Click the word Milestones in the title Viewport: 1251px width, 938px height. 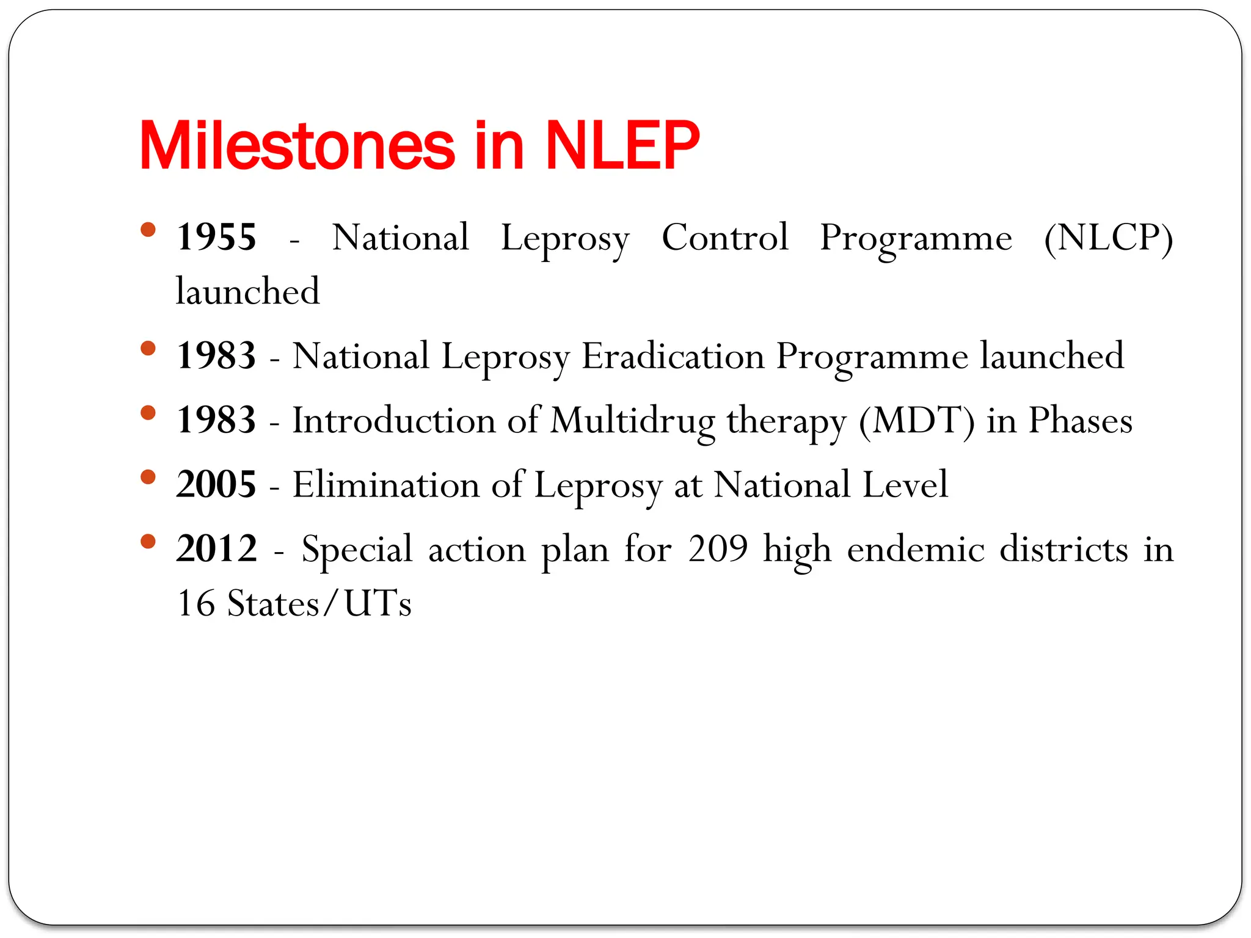point(297,146)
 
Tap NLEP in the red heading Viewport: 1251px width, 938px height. point(622,146)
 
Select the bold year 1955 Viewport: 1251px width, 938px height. point(216,237)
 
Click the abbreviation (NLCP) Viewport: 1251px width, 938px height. point(1108,237)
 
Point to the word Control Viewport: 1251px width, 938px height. point(724,237)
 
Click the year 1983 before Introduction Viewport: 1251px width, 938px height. point(216,420)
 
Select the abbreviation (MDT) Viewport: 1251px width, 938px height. point(916,420)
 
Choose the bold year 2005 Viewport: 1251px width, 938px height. point(216,484)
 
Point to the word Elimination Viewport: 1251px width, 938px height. point(386,484)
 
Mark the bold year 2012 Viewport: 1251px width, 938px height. point(216,548)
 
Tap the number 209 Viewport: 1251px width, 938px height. point(718,548)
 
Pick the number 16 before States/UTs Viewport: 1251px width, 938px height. point(195,603)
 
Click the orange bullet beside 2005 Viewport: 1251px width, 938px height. point(148,476)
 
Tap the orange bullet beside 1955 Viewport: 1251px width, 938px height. point(148,230)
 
